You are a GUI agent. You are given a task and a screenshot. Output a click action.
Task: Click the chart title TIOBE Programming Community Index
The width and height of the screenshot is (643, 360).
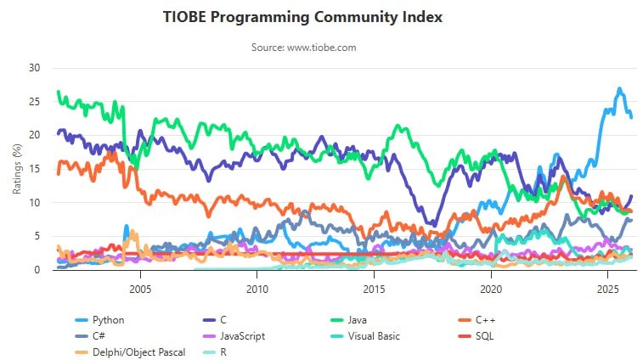[303, 17]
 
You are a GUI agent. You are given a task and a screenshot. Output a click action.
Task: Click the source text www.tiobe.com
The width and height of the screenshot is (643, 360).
[303, 48]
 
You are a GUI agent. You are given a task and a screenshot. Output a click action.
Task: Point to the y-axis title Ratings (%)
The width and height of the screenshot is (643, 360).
[17, 168]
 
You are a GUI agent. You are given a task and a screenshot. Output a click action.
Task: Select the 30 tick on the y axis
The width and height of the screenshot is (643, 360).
[35, 67]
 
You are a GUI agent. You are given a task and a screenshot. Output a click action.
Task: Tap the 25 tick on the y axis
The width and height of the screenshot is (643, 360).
[35, 101]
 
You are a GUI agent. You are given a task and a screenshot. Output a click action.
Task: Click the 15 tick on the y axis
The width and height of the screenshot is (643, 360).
[35, 168]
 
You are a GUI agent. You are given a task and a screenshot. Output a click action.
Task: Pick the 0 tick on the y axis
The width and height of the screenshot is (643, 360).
[37, 270]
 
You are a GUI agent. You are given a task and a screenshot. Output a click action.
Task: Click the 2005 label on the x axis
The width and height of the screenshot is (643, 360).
[140, 289]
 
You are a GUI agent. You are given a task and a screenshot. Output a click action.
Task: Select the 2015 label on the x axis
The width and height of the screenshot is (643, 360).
[374, 289]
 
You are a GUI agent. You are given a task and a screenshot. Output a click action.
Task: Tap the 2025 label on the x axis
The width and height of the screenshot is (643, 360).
[607, 289]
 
